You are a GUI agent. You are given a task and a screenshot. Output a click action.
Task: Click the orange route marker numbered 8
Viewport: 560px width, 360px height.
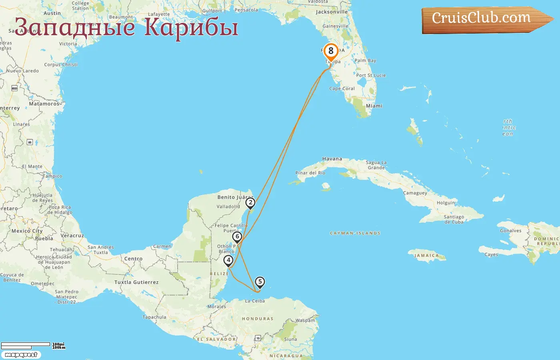331,52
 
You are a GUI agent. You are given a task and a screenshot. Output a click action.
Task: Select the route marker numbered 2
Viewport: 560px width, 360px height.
250,203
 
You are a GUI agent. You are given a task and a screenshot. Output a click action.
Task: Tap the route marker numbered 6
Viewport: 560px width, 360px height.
237,237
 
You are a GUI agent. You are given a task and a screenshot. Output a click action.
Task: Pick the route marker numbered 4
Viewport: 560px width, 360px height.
228,261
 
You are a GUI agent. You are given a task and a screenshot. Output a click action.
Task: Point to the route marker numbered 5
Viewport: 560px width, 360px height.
260,282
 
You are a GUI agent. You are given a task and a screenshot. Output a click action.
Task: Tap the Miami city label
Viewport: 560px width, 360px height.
374,106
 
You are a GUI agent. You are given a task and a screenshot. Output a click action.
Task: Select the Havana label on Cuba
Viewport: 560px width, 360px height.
332,159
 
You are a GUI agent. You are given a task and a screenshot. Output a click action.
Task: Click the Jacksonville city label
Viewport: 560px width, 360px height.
332,12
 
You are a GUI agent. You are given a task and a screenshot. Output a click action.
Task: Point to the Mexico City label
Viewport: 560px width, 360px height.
27,231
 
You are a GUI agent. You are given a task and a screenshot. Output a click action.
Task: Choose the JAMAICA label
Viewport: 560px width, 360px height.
426,256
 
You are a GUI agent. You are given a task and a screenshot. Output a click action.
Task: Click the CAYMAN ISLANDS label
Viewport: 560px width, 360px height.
355,233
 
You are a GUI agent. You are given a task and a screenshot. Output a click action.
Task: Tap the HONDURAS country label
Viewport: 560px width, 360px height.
258,319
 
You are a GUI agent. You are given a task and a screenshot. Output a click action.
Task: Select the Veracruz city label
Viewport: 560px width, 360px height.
72,236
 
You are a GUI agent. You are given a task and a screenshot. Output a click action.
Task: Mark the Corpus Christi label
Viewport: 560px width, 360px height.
61,64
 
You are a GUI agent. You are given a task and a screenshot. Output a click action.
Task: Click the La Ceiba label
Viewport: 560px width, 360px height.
255,301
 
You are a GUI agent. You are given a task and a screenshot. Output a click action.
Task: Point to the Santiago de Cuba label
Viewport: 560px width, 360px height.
454,219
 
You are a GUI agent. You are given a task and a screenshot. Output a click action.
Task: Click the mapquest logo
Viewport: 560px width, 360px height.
21,355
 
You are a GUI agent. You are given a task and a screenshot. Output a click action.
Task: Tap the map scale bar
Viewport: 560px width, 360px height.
26,345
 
